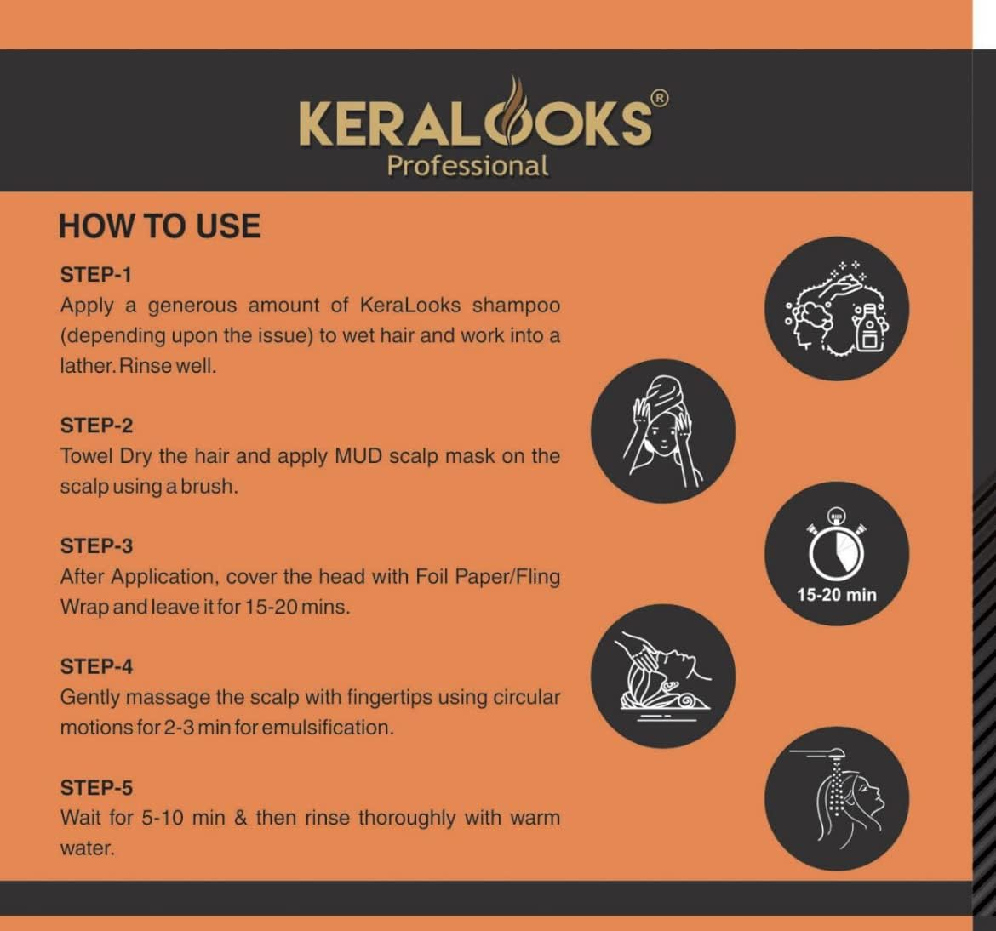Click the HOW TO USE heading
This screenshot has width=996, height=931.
click(x=159, y=226)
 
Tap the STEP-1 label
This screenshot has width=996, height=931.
click(x=96, y=275)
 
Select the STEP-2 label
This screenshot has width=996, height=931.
click(x=96, y=426)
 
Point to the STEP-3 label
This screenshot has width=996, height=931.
click(x=96, y=546)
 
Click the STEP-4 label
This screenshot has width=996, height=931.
click(x=96, y=666)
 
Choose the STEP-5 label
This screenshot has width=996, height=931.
click(x=96, y=788)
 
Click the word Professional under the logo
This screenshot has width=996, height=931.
click(x=467, y=165)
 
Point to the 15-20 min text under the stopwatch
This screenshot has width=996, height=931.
click(x=837, y=595)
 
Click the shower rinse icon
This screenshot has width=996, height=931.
click(x=837, y=798)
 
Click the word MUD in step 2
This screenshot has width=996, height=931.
click(x=358, y=456)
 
